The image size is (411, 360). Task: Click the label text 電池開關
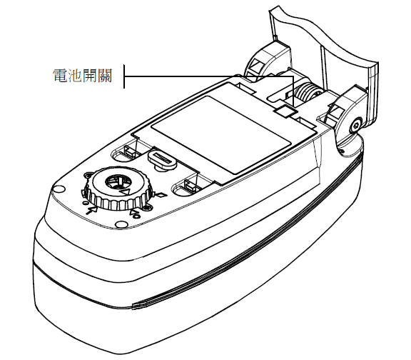tap(83, 76)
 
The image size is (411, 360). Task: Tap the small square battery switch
tap(285, 110)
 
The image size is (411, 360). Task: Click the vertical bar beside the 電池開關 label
tap(124, 76)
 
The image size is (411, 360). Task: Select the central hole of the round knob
tap(117, 182)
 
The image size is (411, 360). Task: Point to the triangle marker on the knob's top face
tap(126, 192)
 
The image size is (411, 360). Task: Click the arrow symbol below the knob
tap(91, 209)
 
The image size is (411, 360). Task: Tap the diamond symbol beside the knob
tap(161, 195)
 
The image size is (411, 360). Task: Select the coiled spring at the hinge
tap(307, 93)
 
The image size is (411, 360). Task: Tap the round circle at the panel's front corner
tap(59, 189)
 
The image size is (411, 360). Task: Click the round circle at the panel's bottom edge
tap(121, 224)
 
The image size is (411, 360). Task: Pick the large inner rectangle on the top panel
tap(221, 135)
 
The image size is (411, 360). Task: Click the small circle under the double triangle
tap(136, 216)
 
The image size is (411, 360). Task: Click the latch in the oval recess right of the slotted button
tap(190, 185)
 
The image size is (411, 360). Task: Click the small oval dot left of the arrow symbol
tap(84, 203)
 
